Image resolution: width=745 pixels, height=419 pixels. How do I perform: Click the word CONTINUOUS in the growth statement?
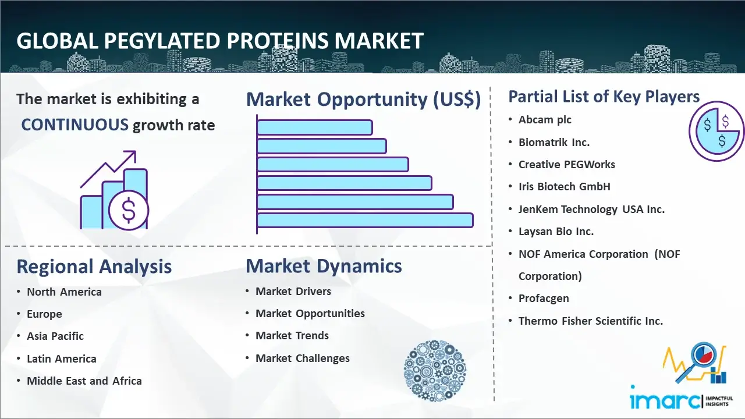click(74, 125)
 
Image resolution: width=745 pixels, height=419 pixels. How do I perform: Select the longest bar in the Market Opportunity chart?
click(365, 221)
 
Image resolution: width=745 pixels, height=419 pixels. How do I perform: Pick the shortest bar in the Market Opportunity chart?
click(315, 127)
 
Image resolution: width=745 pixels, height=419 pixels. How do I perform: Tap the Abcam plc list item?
click(545, 120)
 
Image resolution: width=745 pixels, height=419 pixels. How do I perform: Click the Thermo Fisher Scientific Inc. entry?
click(591, 321)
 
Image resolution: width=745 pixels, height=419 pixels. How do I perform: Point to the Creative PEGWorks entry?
click(567, 164)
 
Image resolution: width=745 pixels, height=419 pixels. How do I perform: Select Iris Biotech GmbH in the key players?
click(565, 187)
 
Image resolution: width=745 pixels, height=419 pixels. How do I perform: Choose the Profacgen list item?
click(544, 299)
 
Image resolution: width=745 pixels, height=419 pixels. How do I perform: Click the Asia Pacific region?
click(55, 336)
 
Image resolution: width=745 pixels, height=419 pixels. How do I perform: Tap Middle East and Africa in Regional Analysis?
click(84, 381)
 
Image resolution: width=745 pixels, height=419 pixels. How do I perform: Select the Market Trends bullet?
click(292, 336)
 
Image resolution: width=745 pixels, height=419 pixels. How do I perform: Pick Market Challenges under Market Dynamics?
click(303, 358)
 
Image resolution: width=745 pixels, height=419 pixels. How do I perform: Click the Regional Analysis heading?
click(94, 267)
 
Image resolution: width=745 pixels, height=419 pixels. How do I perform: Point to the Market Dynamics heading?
click(324, 266)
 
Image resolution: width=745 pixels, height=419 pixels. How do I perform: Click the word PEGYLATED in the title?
click(162, 41)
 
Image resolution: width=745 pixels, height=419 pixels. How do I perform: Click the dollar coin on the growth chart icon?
click(129, 210)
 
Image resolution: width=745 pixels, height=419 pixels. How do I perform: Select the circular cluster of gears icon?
click(435, 371)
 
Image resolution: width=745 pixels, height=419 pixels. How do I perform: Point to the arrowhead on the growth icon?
click(132, 155)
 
